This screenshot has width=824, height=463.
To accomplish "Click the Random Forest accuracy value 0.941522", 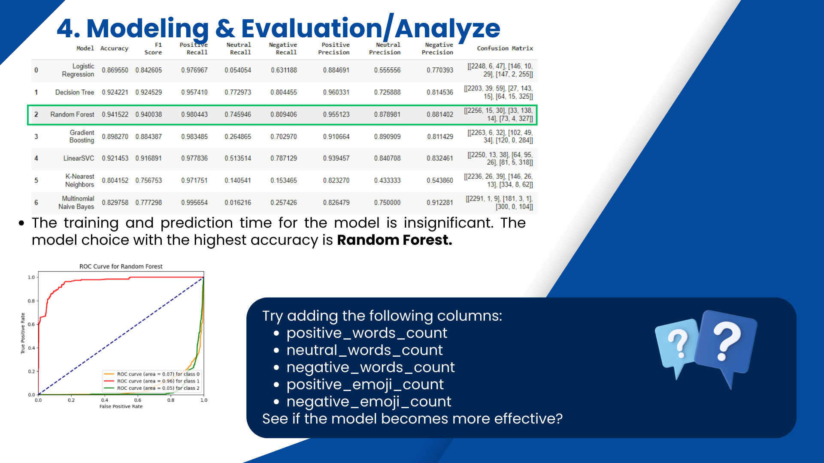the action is pyautogui.click(x=115, y=114).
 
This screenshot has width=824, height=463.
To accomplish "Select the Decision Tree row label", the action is pyautogui.click(x=75, y=92).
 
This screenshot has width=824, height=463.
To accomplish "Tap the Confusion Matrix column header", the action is pyautogui.click(x=505, y=48).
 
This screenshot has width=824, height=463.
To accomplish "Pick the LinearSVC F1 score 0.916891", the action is pyautogui.click(x=148, y=158).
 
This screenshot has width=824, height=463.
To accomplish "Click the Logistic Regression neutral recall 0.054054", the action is pyautogui.click(x=238, y=70).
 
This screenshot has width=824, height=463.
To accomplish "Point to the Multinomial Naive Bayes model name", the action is pyautogui.click(x=76, y=202).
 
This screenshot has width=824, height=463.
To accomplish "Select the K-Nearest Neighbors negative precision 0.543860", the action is pyautogui.click(x=440, y=180).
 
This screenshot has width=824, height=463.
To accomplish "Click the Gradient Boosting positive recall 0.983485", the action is pyautogui.click(x=194, y=136).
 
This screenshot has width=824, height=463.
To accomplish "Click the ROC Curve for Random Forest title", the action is pyautogui.click(x=121, y=266).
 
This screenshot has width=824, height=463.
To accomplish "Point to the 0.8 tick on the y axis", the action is pyautogui.click(x=31, y=301).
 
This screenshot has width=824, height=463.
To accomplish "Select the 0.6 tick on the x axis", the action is pyautogui.click(x=138, y=400).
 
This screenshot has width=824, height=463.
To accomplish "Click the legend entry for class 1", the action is pyautogui.click(x=151, y=381).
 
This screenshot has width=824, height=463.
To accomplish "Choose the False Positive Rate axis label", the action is pyautogui.click(x=121, y=406).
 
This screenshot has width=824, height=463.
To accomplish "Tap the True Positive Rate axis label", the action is pyautogui.click(x=23, y=333).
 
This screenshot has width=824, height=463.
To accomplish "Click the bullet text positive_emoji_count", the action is pyautogui.click(x=365, y=385).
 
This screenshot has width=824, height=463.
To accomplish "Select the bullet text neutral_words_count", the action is pyautogui.click(x=364, y=350).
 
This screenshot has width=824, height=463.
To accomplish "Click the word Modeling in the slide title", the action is pyautogui.click(x=148, y=28).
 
